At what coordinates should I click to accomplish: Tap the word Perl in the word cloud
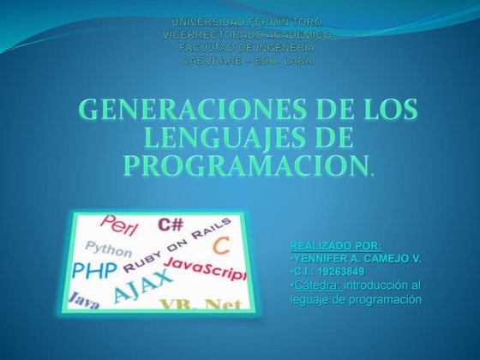(x=119, y=225)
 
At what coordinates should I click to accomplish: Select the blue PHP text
(x=95, y=272)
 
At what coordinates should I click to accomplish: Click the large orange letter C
(x=220, y=246)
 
